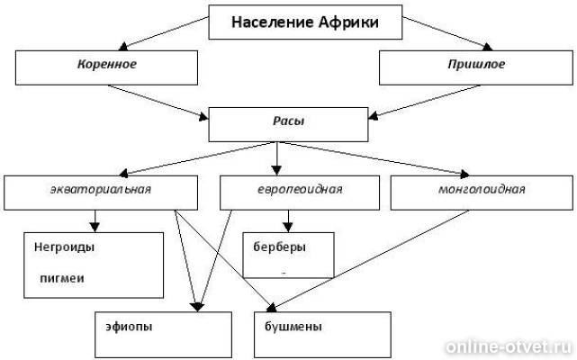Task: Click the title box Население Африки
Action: [x=304, y=23]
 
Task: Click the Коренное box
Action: [x=106, y=67]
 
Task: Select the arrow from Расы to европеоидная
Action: [x=276, y=157]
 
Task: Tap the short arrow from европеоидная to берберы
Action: [x=286, y=219]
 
